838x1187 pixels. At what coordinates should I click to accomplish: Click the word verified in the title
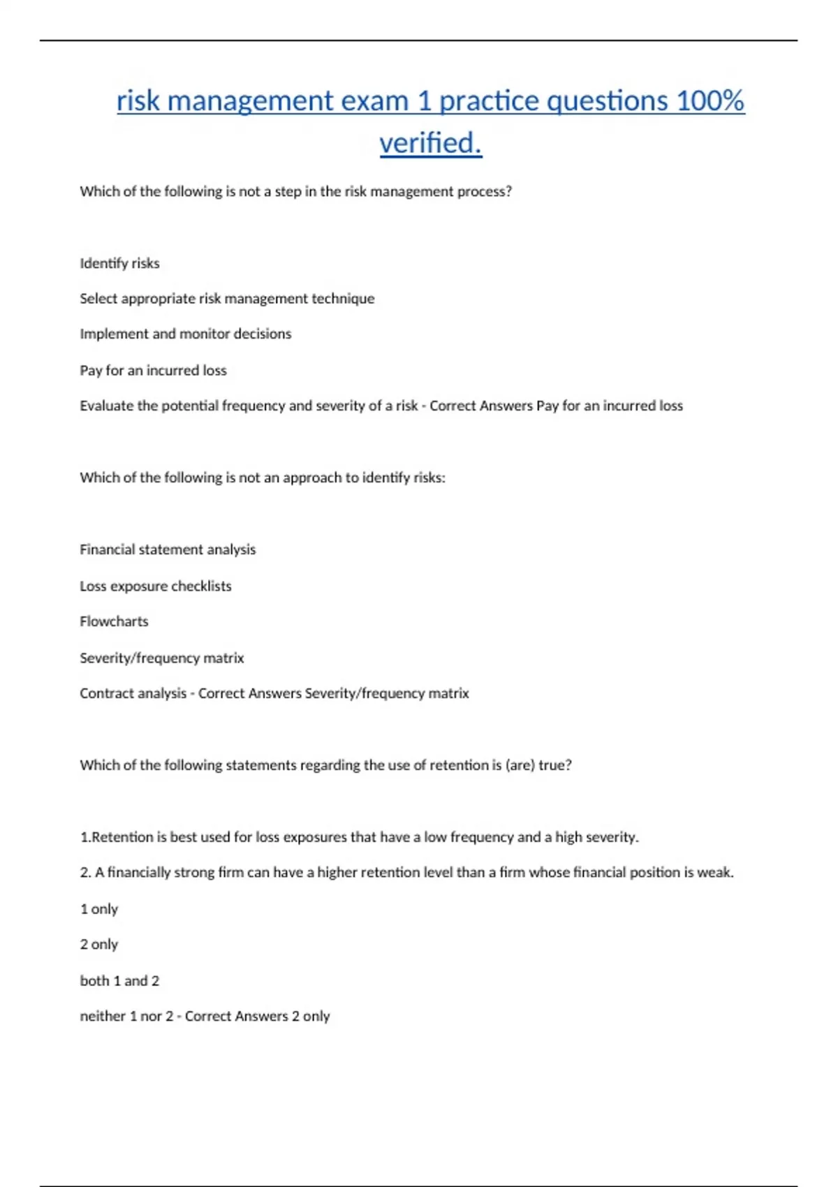pyautogui.click(x=429, y=143)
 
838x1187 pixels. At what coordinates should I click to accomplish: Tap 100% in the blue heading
pyautogui.click(x=710, y=101)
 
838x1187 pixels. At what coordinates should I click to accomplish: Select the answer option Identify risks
pyautogui.click(x=119, y=263)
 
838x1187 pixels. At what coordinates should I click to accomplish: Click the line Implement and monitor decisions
pyautogui.click(x=185, y=334)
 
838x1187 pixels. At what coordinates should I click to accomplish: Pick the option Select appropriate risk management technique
pyautogui.click(x=227, y=299)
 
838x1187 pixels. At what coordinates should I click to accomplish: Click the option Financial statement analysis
pyautogui.click(x=168, y=550)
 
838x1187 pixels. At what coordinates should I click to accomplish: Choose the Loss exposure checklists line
pyautogui.click(x=155, y=586)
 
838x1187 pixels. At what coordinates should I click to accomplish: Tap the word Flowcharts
pyautogui.click(x=114, y=621)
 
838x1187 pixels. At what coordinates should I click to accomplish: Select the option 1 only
pyautogui.click(x=98, y=909)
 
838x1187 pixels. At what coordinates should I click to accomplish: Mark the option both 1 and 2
pyautogui.click(x=119, y=981)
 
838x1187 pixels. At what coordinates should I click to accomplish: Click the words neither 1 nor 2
pyautogui.click(x=126, y=1017)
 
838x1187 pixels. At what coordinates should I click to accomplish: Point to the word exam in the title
pyautogui.click(x=374, y=101)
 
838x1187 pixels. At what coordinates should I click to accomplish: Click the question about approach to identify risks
pyautogui.click(x=262, y=478)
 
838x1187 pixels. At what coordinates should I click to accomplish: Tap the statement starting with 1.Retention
pyautogui.click(x=359, y=837)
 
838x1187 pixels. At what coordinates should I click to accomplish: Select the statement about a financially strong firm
pyautogui.click(x=406, y=873)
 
